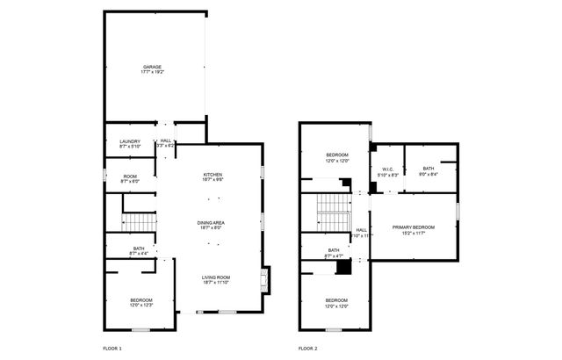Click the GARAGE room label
pyautogui.click(x=155, y=67)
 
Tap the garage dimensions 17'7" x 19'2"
pyautogui.click(x=155, y=73)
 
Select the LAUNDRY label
pyautogui.click(x=130, y=141)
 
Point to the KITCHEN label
pyautogui.click(x=213, y=175)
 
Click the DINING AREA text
pyautogui.click(x=211, y=223)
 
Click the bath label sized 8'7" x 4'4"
pyautogui.click(x=138, y=248)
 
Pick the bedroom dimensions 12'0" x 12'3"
pyautogui.click(x=141, y=305)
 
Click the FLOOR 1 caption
pyautogui.click(x=112, y=349)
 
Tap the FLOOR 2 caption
pyautogui.click(x=307, y=349)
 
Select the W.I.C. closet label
pyautogui.click(x=387, y=169)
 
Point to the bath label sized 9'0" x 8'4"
pyautogui.click(x=428, y=169)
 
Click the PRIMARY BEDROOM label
pyautogui.click(x=414, y=227)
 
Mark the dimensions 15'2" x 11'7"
pyautogui.click(x=414, y=233)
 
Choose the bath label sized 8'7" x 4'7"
pyautogui.click(x=334, y=250)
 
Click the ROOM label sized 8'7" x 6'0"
pyautogui.click(x=130, y=176)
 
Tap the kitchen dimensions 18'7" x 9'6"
pyautogui.click(x=213, y=180)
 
